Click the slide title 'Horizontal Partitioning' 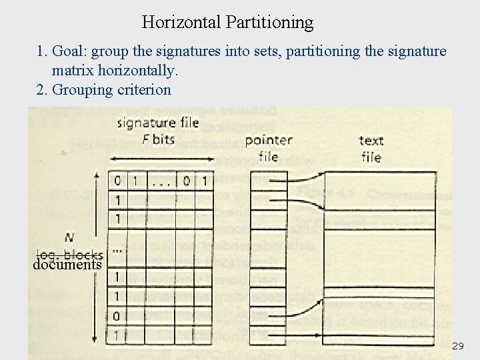pos(227,22)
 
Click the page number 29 pos(457,346)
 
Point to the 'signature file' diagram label pos(157,123)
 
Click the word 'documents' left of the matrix pos(67,264)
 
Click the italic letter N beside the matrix pos(69,237)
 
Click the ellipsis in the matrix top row pos(160,181)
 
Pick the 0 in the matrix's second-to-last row pos(118,316)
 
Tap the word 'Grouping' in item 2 pos(81,89)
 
